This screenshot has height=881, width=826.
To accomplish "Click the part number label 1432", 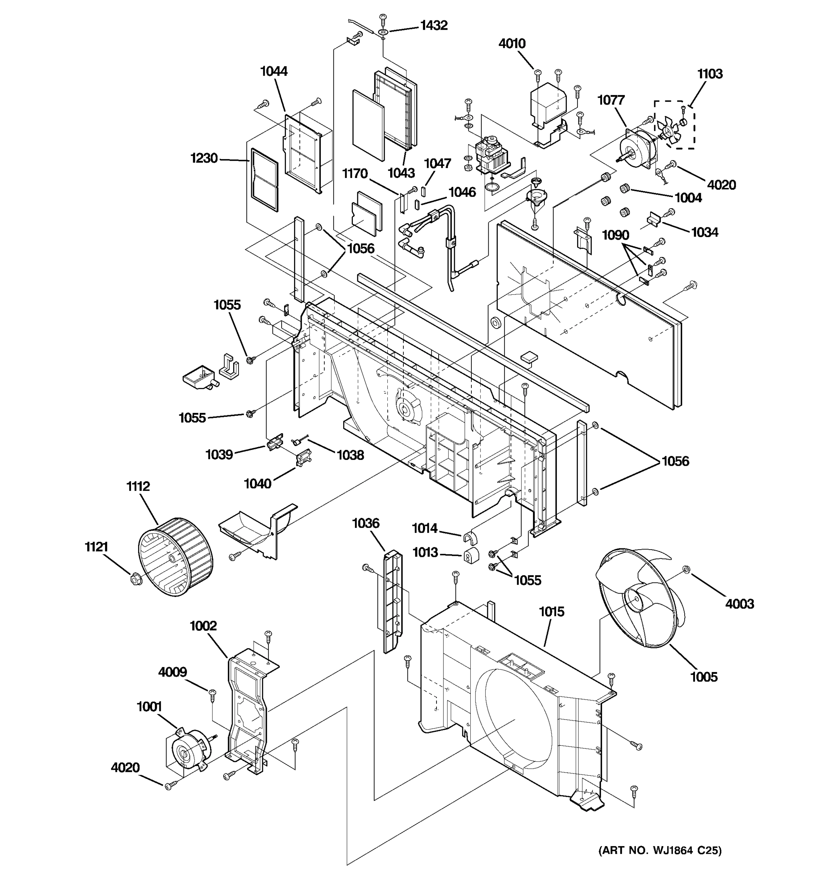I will pos(434,26).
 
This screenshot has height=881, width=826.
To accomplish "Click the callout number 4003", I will pos(739,603).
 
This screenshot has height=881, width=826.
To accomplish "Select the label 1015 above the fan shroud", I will pos(551,612).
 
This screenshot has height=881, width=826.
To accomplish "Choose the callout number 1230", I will pos(204,158).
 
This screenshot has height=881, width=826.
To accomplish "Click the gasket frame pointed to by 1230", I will pos(265,180).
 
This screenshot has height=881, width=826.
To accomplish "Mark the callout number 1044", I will pos(273,71).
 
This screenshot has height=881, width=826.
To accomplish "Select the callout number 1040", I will pos(257,483).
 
